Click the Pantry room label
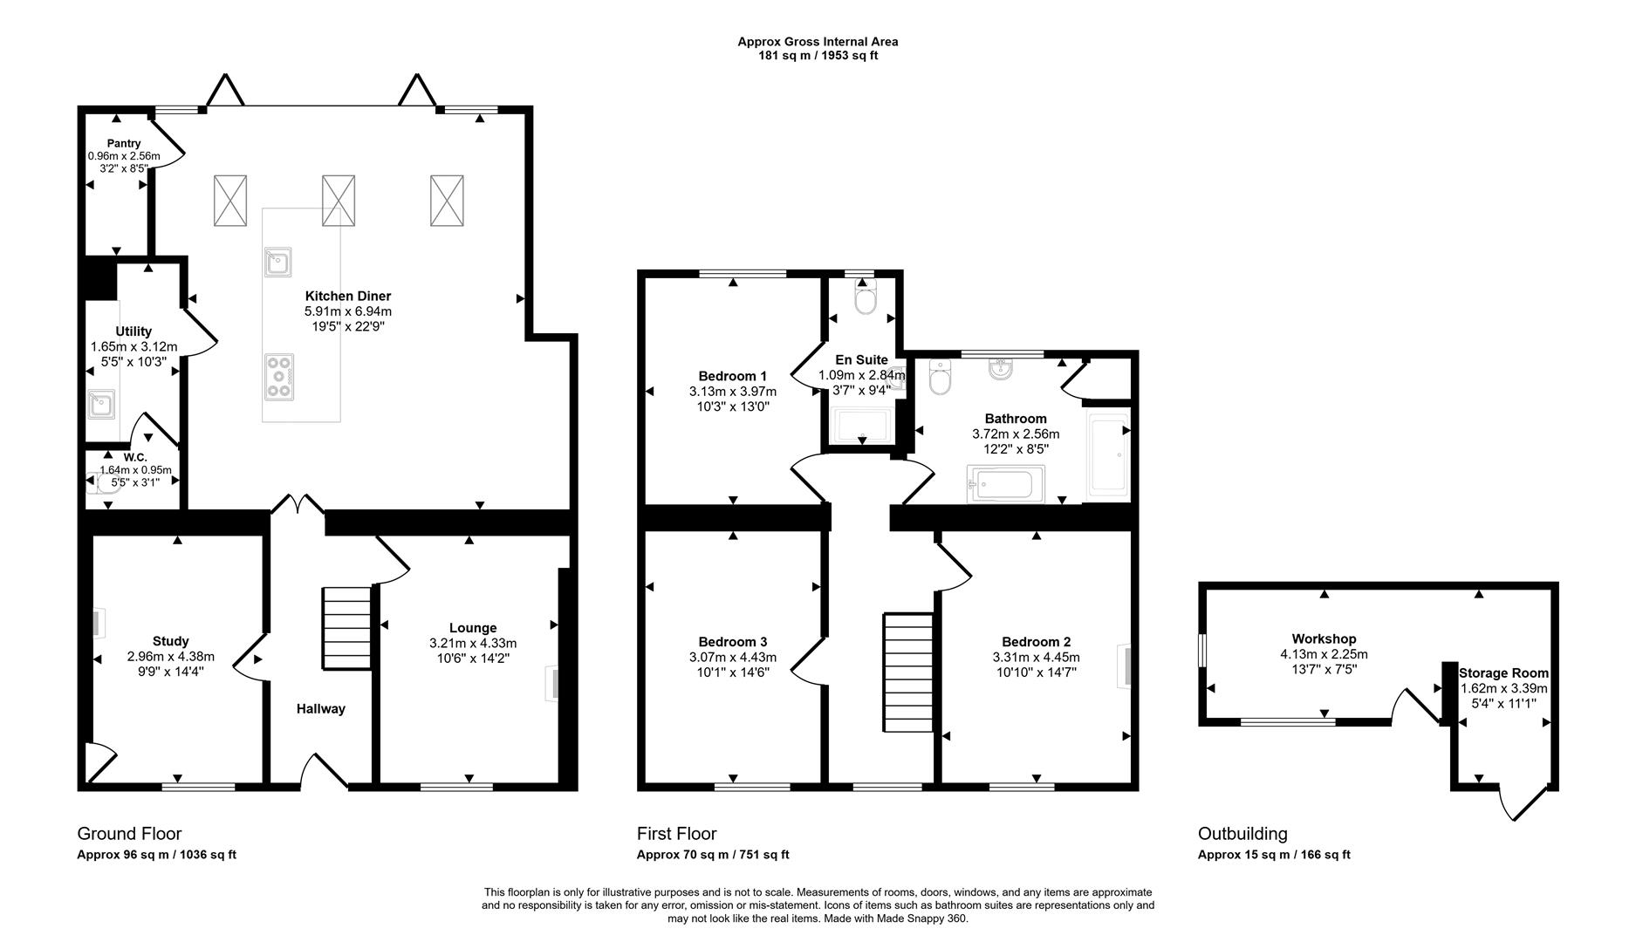pyautogui.click(x=124, y=143)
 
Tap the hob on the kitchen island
pyautogui.click(x=279, y=377)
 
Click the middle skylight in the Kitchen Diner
pyautogui.click(x=339, y=200)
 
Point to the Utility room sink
pyautogui.click(x=101, y=406)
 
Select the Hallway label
pyautogui.click(x=320, y=709)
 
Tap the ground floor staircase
pyautogui.click(x=347, y=628)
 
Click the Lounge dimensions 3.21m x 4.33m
pyautogui.click(x=472, y=643)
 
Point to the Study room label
pyautogui.click(x=170, y=641)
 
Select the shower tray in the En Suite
pyautogui.click(x=862, y=426)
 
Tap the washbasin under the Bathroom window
pyautogui.click(x=1000, y=370)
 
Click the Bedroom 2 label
pyautogui.click(x=1036, y=641)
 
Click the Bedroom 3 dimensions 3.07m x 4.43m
pyautogui.click(x=732, y=657)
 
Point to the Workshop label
pyautogui.click(x=1324, y=639)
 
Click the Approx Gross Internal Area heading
pyautogui.click(x=818, y=41)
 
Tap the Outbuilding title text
pyautogui.click(x=1242, y=833)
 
